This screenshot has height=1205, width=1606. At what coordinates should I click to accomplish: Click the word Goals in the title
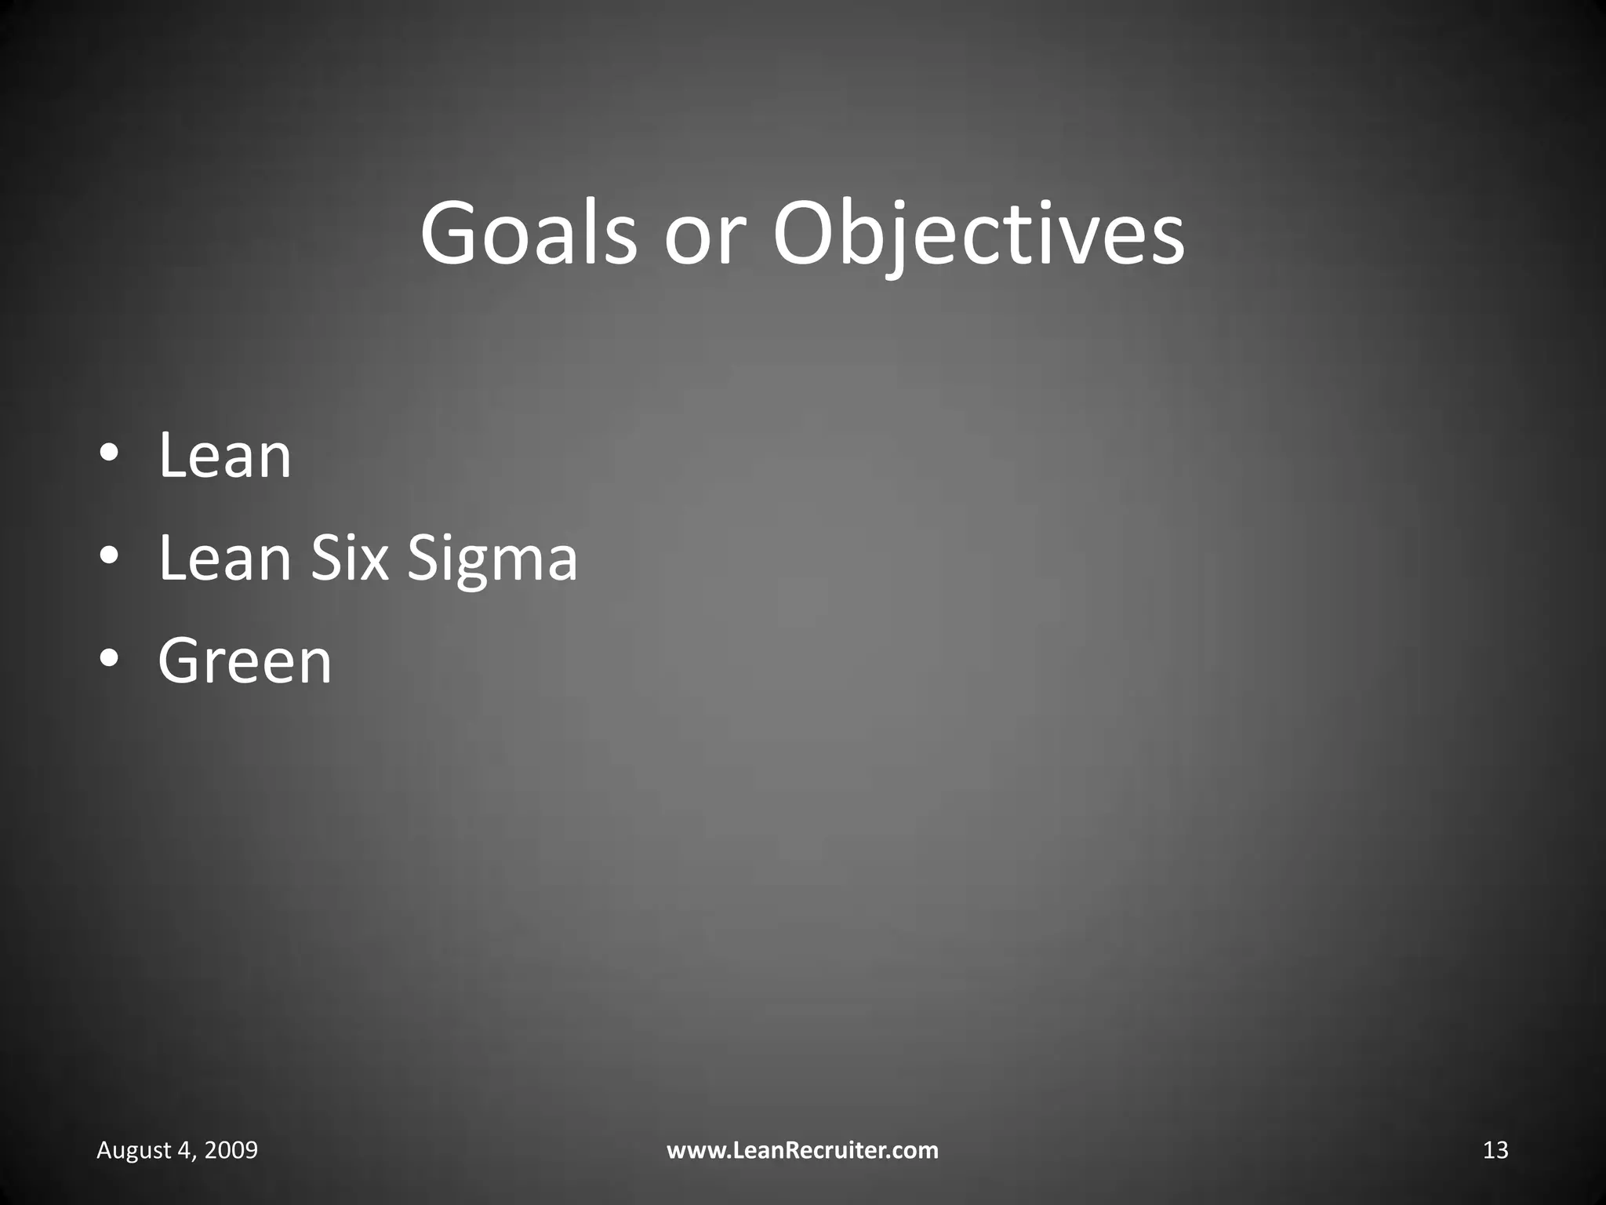529,234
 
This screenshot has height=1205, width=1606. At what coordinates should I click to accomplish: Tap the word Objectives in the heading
979,234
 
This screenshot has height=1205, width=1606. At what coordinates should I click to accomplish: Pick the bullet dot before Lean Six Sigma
110,556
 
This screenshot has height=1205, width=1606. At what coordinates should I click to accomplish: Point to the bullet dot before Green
110,658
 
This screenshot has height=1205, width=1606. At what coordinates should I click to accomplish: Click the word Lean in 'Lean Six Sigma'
224,558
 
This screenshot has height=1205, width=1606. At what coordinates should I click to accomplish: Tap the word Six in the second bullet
350,558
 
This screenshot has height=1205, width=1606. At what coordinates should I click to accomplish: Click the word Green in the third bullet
245,661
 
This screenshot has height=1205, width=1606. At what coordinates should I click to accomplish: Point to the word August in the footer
133,1150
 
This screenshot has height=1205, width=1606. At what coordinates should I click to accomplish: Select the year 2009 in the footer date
232,1150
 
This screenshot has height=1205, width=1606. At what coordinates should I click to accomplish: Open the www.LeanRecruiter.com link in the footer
802,1150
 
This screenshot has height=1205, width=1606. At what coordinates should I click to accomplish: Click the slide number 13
1495,1150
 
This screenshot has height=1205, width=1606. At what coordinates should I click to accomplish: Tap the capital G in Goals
450,234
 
